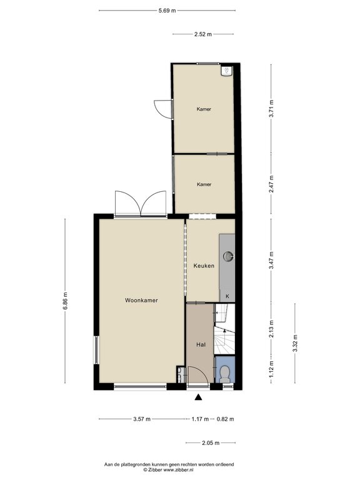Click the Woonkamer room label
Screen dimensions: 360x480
(x=141, y=300)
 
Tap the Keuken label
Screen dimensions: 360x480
(x=204, y=266)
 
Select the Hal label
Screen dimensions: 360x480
(x=201, y=345)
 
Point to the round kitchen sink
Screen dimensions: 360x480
(x=228, y=256)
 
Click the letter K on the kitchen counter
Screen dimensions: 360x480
(x=227, y=296)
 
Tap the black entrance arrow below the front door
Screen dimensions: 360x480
(x=199, y=397)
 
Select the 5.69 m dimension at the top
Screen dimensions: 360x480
(x=167, y=11)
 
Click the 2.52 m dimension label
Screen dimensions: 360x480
(x=203, y=34)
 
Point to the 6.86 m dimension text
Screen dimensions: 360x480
(x=65, y=301)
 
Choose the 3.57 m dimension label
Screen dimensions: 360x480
(x=142, y=419)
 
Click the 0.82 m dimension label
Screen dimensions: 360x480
(x=225, y=419)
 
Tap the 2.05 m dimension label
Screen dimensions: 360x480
(x=211, y=442)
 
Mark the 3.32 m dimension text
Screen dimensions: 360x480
(x=295, y=343)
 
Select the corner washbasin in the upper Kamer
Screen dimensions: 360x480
(x=227, y=71)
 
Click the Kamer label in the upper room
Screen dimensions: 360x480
(x=204, y=109)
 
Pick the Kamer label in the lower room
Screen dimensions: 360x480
(x=204, y=184)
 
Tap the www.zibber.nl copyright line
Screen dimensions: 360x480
(x=169, y=469)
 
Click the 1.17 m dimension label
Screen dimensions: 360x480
(x=200, y=419)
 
